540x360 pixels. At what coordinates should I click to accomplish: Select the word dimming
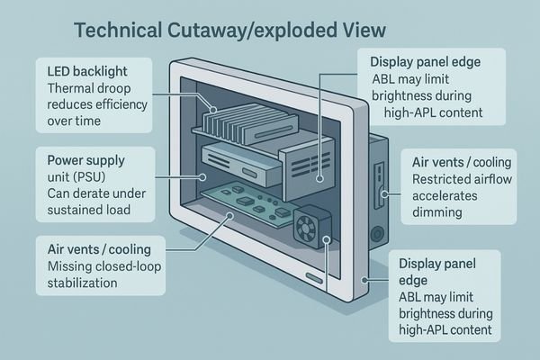(x=436, y=212)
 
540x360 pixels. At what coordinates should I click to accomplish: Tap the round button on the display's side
(x=373, y=229)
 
